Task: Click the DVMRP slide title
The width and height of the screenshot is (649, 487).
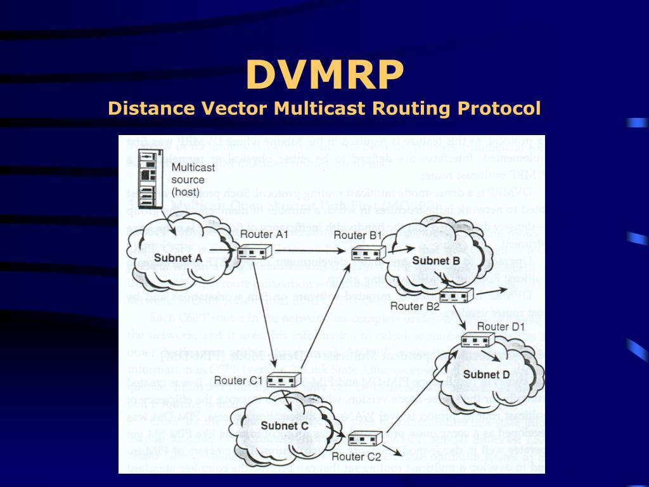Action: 324,74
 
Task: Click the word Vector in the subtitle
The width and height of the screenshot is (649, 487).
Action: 235,108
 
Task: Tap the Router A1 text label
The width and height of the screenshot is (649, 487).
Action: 264,235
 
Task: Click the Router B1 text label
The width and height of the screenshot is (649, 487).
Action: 357,236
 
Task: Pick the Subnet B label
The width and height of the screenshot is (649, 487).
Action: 435,260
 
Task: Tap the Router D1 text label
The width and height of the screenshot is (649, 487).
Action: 501,327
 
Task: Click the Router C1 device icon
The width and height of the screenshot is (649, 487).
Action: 283,380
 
